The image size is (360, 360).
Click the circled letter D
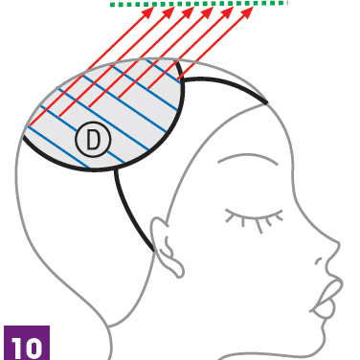tap(93, 140)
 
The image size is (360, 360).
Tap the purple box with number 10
tap(27, 343)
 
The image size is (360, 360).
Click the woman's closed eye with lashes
tap(255, 219)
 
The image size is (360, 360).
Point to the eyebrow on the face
tap(248, 157)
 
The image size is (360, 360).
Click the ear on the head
tap(167, 247)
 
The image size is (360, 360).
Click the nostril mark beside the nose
tap(318, 261)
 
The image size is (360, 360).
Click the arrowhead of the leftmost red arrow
tap(149, 11)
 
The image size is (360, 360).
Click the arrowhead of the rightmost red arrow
tap(248, 11)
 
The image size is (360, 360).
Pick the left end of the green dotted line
tap(110, 5)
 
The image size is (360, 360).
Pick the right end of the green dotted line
tap(287, 3)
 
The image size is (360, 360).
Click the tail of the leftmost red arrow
tap(29, 125)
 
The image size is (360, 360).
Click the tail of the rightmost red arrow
tap(178, 79)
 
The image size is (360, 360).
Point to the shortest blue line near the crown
tap(164, 71)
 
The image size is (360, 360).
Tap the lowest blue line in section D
tap(58, 146)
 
